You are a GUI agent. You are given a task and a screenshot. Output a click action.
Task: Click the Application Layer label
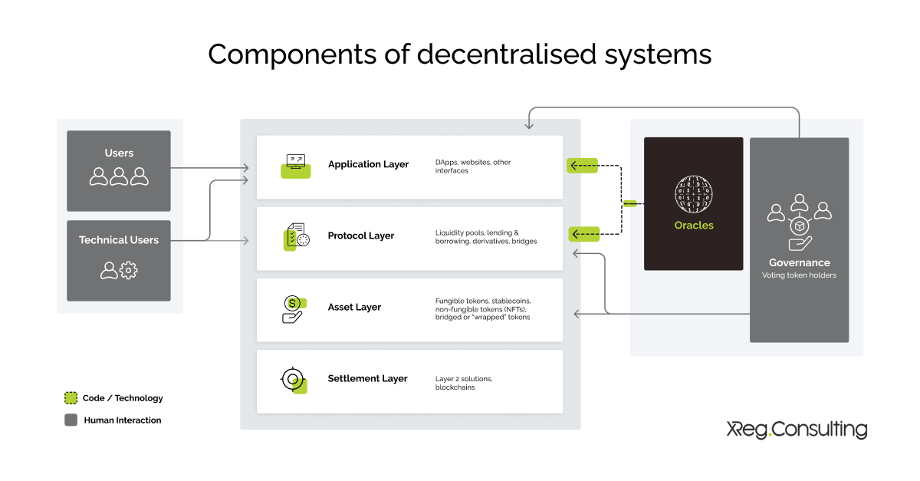pos(368,164)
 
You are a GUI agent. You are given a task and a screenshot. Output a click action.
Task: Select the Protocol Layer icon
pos(296,237)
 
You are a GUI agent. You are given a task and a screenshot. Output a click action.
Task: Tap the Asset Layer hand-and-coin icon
pos(294,308)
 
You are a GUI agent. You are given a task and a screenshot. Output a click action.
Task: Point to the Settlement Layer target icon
pos(294,380)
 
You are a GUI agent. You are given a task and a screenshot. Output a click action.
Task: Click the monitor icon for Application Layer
pos(295,165)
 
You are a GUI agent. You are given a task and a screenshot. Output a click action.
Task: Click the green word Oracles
pos(693,226)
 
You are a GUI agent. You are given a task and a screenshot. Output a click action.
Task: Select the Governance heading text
pos(799,262)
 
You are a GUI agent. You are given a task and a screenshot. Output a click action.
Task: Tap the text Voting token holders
pos(799,275)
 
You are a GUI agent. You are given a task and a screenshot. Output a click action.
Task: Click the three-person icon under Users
pos(119,177)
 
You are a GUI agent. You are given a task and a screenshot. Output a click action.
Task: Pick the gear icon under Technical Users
pos(129,270)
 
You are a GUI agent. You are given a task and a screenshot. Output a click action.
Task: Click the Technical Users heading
pos(119,240)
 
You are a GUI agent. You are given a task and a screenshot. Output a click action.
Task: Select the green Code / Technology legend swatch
pos(71,398)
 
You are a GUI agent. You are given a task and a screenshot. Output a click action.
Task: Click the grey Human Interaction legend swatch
pos(71,420)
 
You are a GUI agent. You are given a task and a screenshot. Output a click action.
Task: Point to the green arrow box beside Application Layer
pos(582,165)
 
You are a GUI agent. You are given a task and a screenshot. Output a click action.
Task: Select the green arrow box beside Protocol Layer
pos(583,234)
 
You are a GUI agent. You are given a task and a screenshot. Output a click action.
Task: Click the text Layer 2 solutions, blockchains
pos(464,384)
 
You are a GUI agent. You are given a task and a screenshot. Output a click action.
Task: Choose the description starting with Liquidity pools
pos(486,237)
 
